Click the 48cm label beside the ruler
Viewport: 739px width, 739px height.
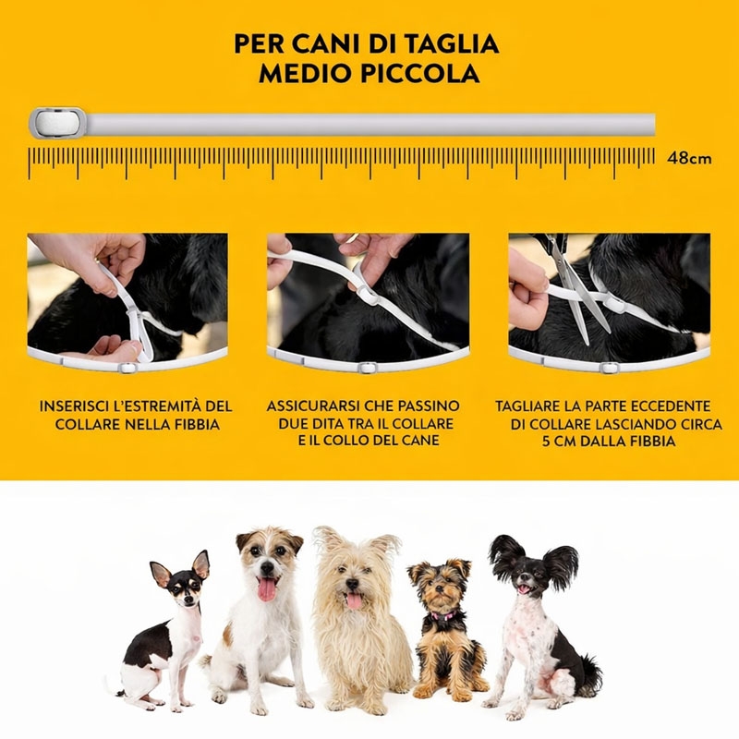pyautogui.click(x=689, y=158)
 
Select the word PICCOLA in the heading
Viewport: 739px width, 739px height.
pyautogui.click(x=419, y=74)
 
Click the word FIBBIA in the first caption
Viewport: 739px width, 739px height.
pyautogui.click(x=196, y=425)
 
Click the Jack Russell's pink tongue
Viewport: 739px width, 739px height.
pyautogui.click(x=267, y=589)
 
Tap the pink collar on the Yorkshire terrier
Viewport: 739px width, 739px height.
pyautogui.click(x=443, y=615)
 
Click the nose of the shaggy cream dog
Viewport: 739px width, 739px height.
pyautogui.click(x=351, y=584)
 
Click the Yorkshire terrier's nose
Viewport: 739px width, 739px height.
pyautogui.click(x=438, y=589)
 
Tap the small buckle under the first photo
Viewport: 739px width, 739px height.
pyautogui.click(x=127, y=368)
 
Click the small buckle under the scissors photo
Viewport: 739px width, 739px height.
pyautogui.click(x=608, y=368)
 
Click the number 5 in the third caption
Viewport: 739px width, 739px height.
pyautogui.click(x=545, y=442)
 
